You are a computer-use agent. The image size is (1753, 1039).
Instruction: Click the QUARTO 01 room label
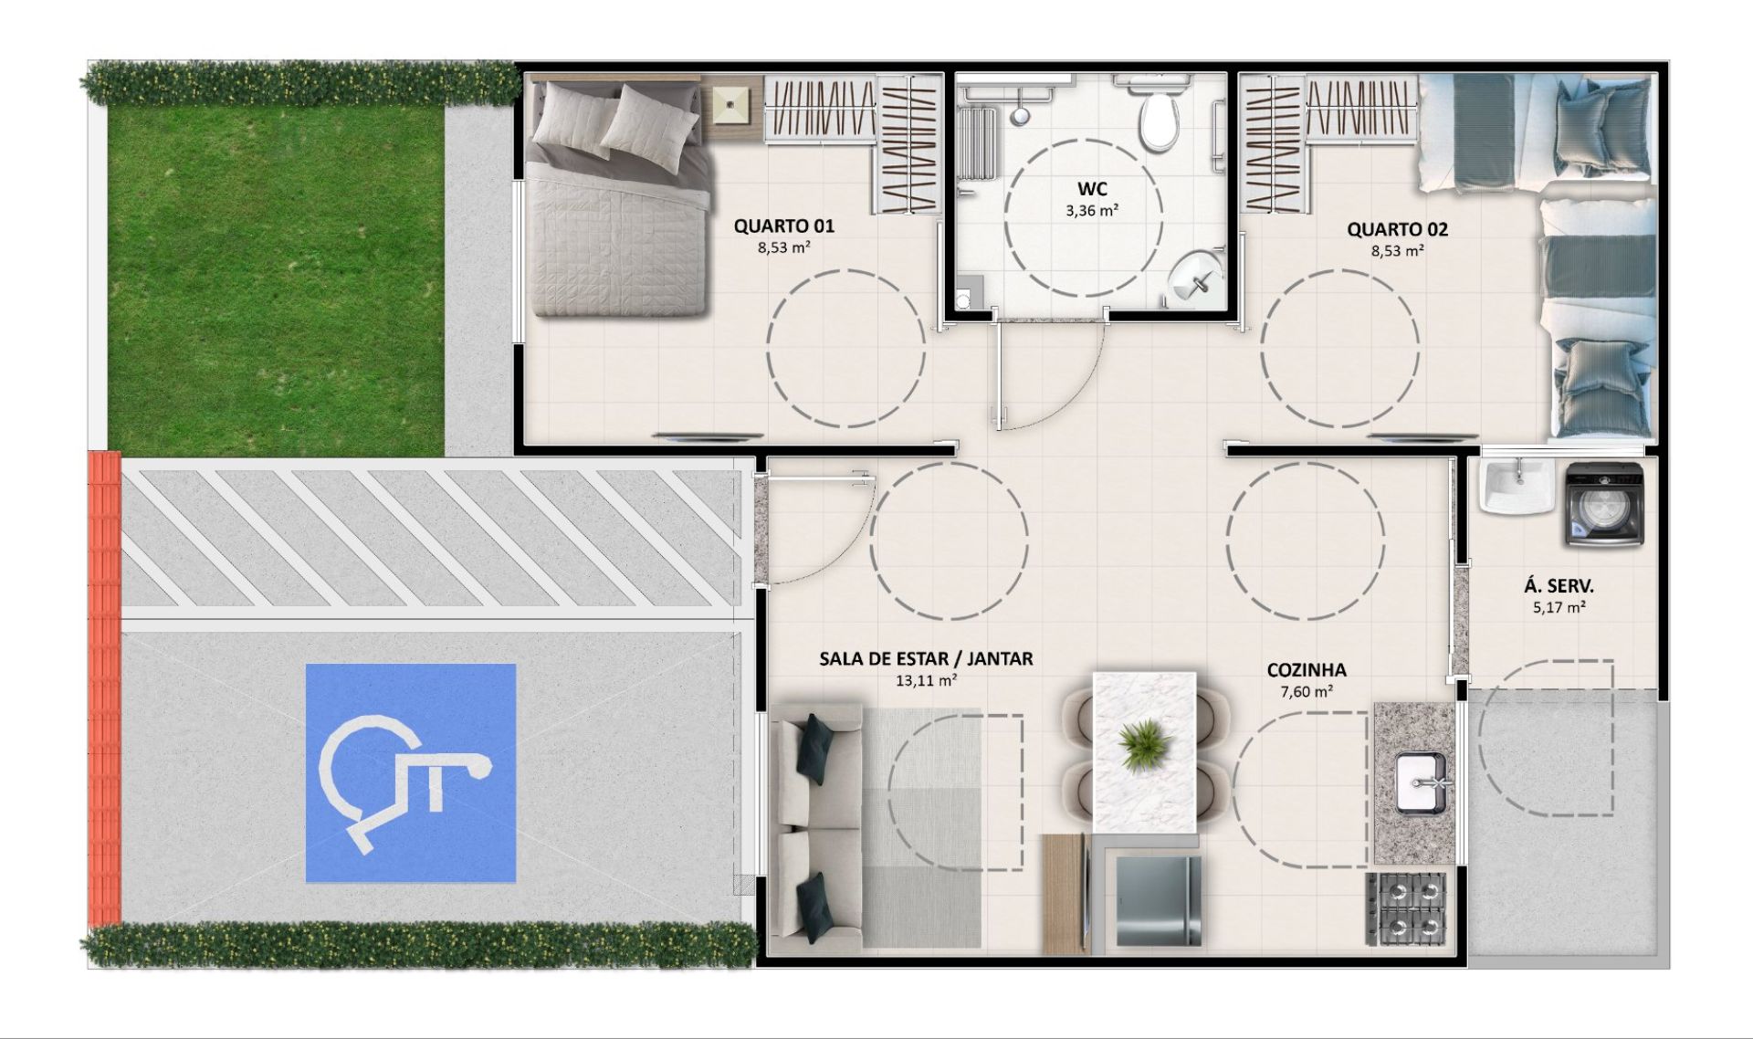click(783, 226)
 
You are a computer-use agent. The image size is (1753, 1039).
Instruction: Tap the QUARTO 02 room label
click(1397, 229)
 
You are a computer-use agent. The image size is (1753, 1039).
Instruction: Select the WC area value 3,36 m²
click(1092, 210)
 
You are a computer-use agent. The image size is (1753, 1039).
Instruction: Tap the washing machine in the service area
click(1604, 505)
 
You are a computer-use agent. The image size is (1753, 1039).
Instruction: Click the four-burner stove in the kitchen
click(1406, 909)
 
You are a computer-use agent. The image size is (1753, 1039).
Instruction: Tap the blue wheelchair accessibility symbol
click(410, 772)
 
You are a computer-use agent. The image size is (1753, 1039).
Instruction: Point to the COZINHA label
click(1307, 670)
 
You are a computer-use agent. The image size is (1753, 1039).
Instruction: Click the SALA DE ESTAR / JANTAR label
click(926, 658)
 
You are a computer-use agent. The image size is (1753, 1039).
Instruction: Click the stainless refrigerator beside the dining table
click(1153, 901)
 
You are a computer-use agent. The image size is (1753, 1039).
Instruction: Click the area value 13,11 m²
click(926, 680)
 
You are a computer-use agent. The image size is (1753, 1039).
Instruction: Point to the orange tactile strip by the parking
click(104, 689)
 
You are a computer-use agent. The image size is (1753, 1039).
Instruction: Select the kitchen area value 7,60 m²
click(1307, 692)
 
